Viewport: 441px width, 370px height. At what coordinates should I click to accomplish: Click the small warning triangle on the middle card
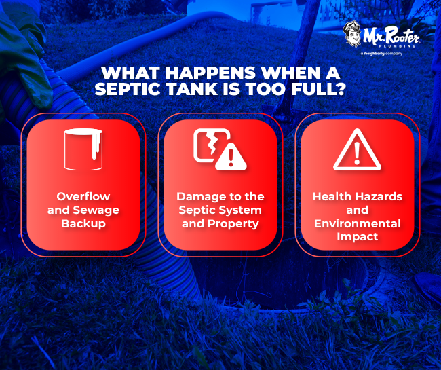tap(233, 157)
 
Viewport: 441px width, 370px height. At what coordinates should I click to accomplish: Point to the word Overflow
tap(83, 197)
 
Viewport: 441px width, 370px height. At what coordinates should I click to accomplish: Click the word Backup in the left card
tap(83, 223)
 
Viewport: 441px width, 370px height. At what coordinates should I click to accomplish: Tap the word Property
tap(237, 223)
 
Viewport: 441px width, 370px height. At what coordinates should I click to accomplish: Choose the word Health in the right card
tap(331, 197)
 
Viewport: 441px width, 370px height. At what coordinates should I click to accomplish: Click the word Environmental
tap(358, 223)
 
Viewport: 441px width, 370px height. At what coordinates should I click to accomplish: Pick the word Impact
tap(358, 237)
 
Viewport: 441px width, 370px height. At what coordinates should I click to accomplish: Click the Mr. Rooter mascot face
tap(351, 35)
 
